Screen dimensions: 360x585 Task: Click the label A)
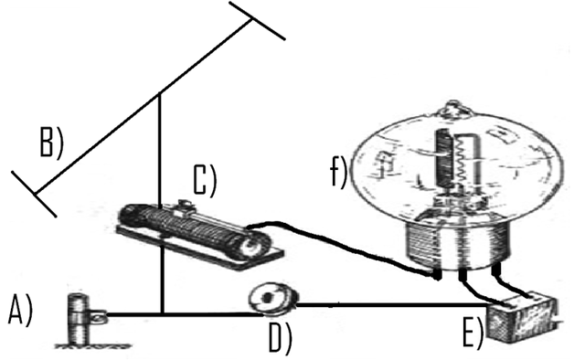click(20, 312)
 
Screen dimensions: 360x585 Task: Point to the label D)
click(280, 339)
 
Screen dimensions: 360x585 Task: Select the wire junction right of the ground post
click(161, 316)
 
